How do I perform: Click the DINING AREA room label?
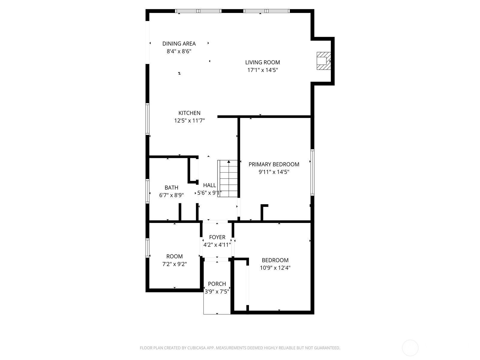[x=179, y=44]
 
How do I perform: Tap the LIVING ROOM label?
[x=262, y=62]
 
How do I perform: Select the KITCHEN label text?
[x=189, y=113]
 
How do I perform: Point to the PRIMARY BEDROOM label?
[x=274, y=164]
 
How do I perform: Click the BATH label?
[x=171, y=187]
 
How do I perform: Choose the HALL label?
[x=209, y=185]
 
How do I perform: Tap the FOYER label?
[x=217, y=237]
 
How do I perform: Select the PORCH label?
[x=217, y=284]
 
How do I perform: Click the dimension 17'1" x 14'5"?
[x=262, y=70]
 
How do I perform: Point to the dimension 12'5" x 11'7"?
[x=189, y=121]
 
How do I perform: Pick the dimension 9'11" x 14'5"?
[x=274, y=172]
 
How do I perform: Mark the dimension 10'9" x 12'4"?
[x=275, y=268]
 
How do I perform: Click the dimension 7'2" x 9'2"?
[x=175, y=264]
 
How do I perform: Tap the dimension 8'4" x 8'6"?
[x=179, y=51]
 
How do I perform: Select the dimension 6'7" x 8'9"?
[x=171, y=195]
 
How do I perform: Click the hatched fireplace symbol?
[x=324, y=61]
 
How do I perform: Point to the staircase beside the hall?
[x=227, y=178]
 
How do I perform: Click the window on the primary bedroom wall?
[x=313, y=172]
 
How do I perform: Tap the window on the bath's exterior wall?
[x=147, y=191]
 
